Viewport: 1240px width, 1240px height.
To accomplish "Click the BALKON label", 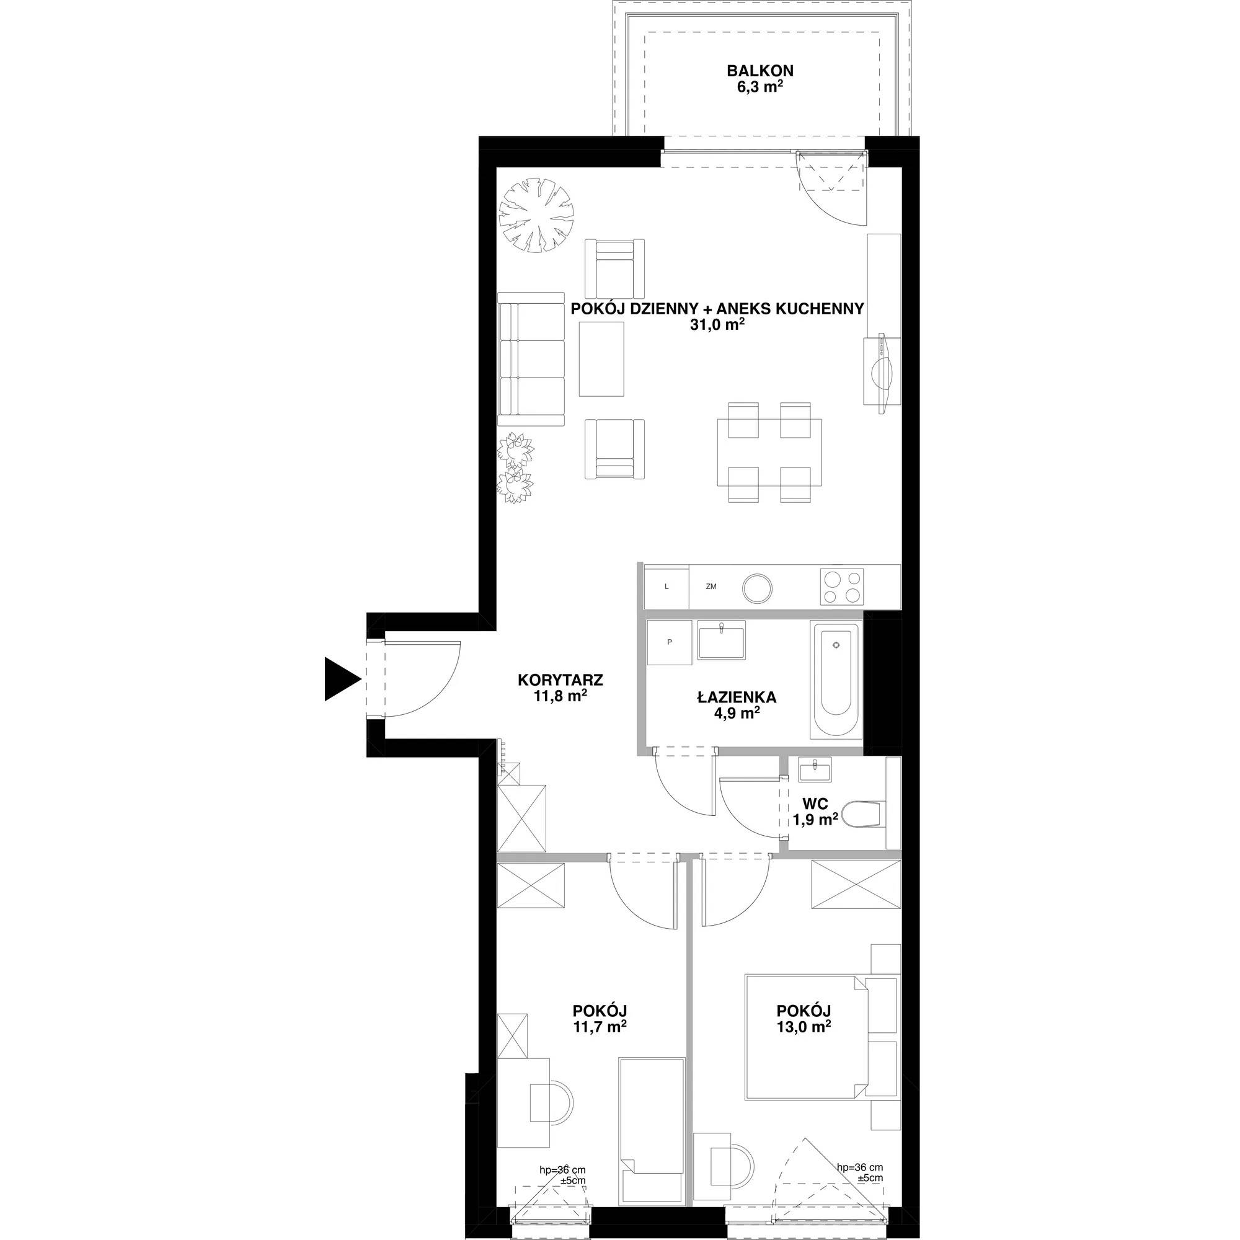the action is (x=760, y=71).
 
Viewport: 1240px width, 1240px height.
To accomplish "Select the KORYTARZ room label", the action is (x=560, y=679).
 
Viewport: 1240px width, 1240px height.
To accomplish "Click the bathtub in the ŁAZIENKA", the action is (x=837, y=681).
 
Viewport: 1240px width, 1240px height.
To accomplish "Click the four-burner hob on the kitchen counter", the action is (x=841, y=587).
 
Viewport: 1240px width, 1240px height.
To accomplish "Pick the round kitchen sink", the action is (x=758, y=587).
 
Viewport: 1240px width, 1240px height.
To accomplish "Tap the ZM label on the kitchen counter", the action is (x=711, y=587).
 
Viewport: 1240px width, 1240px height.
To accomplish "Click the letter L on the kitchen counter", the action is (x=667, y=587).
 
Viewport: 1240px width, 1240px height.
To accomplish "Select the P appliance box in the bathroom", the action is (x=670, y=642).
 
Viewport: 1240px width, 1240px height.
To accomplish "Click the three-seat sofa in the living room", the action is (x=532, y=359).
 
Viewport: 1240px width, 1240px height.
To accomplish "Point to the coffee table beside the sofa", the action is (x=601, y=359).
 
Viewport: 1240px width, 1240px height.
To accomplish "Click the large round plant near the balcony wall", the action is (x=536, y=215).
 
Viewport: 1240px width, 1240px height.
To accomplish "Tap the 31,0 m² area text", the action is (x=717, y=325).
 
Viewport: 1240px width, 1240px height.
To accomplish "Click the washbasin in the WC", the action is (x=815, y=769).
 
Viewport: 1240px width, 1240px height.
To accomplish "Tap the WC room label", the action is (x=815, y=803).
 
